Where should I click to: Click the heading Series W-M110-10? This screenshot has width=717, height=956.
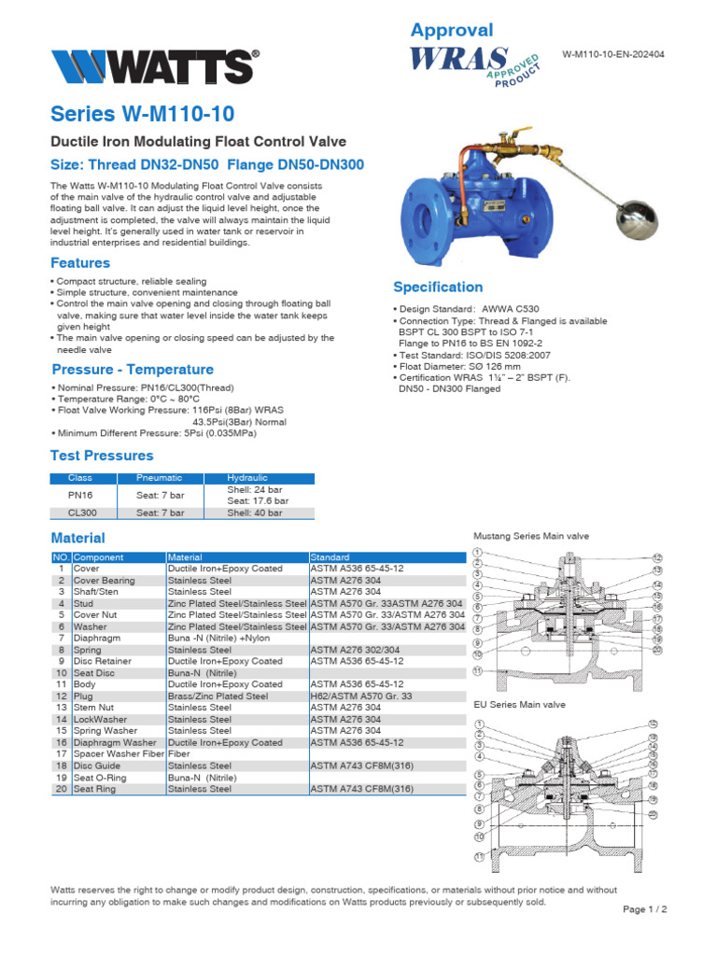pyautogui.click(x=142, y=115)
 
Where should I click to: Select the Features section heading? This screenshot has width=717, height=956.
pyautogui.click(x=80, y=262)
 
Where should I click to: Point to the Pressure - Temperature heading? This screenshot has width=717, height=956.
pyautogui.click(x=133, y=369)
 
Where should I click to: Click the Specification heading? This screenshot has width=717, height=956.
pyautogui.click(x=438, y=287)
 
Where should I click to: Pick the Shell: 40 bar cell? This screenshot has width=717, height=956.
pyautogui.click(x=256, y=513)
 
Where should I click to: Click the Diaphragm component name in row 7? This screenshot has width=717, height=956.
pyautogui.click(x=97, y=638)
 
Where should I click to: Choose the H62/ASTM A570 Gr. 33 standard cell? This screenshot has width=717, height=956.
pyautogui.click(x=358, y=696)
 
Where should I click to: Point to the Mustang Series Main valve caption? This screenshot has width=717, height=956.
pyautogui.click(x=531, y=537)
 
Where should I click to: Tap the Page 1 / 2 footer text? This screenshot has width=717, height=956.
pyautogui.click(x=645, y=908)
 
